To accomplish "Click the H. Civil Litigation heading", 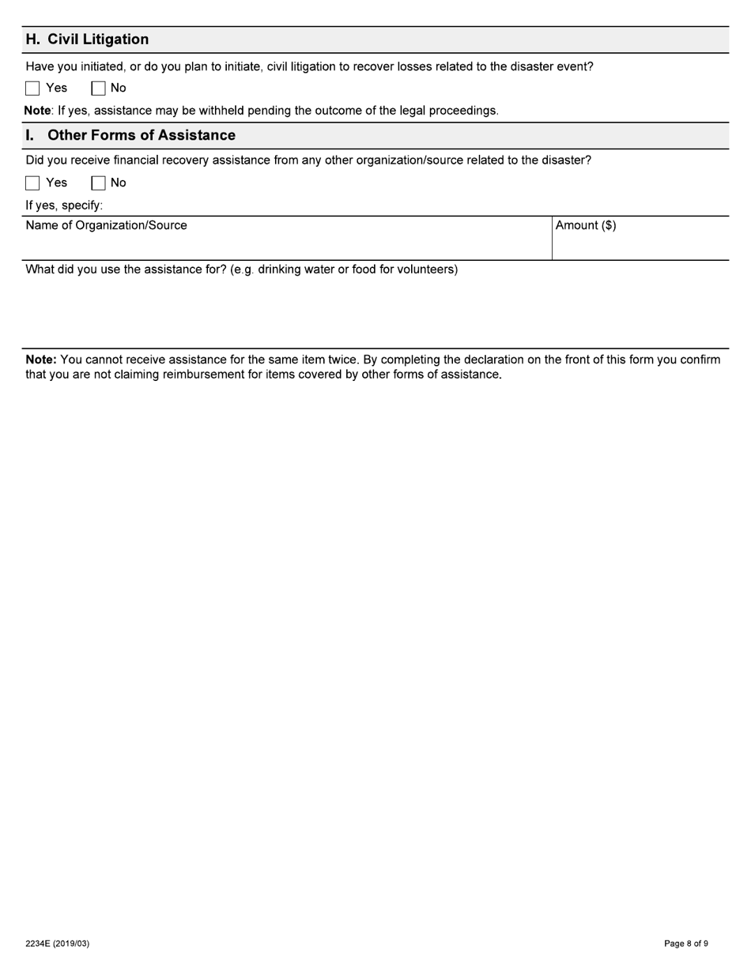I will pyautogui.click(x=87, y=40).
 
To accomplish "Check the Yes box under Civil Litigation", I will pyautogui.click(x=32, y=89).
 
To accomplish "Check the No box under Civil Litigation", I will pyautogui.click(x=99, y=89).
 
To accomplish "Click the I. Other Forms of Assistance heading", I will pyautogui.click(x=130, y=135).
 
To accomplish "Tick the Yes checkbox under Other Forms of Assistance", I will pyautogui.click(x=32, y=183).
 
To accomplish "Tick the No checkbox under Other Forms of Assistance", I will pyautogui.click(x=99, y=183).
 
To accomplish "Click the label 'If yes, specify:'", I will pyautogui.click(x=64, y=205).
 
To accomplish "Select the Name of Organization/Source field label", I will pyautogui.click(x=106, y=225).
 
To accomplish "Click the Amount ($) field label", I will pyautogui.click(x=586, y=225).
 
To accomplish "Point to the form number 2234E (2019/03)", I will pyautogui.click(x=57, y=944).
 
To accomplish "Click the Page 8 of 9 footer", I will pyautogui.click(x=685, y=944).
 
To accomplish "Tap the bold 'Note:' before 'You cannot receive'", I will pyautogui.click(x=41, y=360).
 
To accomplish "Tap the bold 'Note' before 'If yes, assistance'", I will pyautogui.click(x=37, y=111).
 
